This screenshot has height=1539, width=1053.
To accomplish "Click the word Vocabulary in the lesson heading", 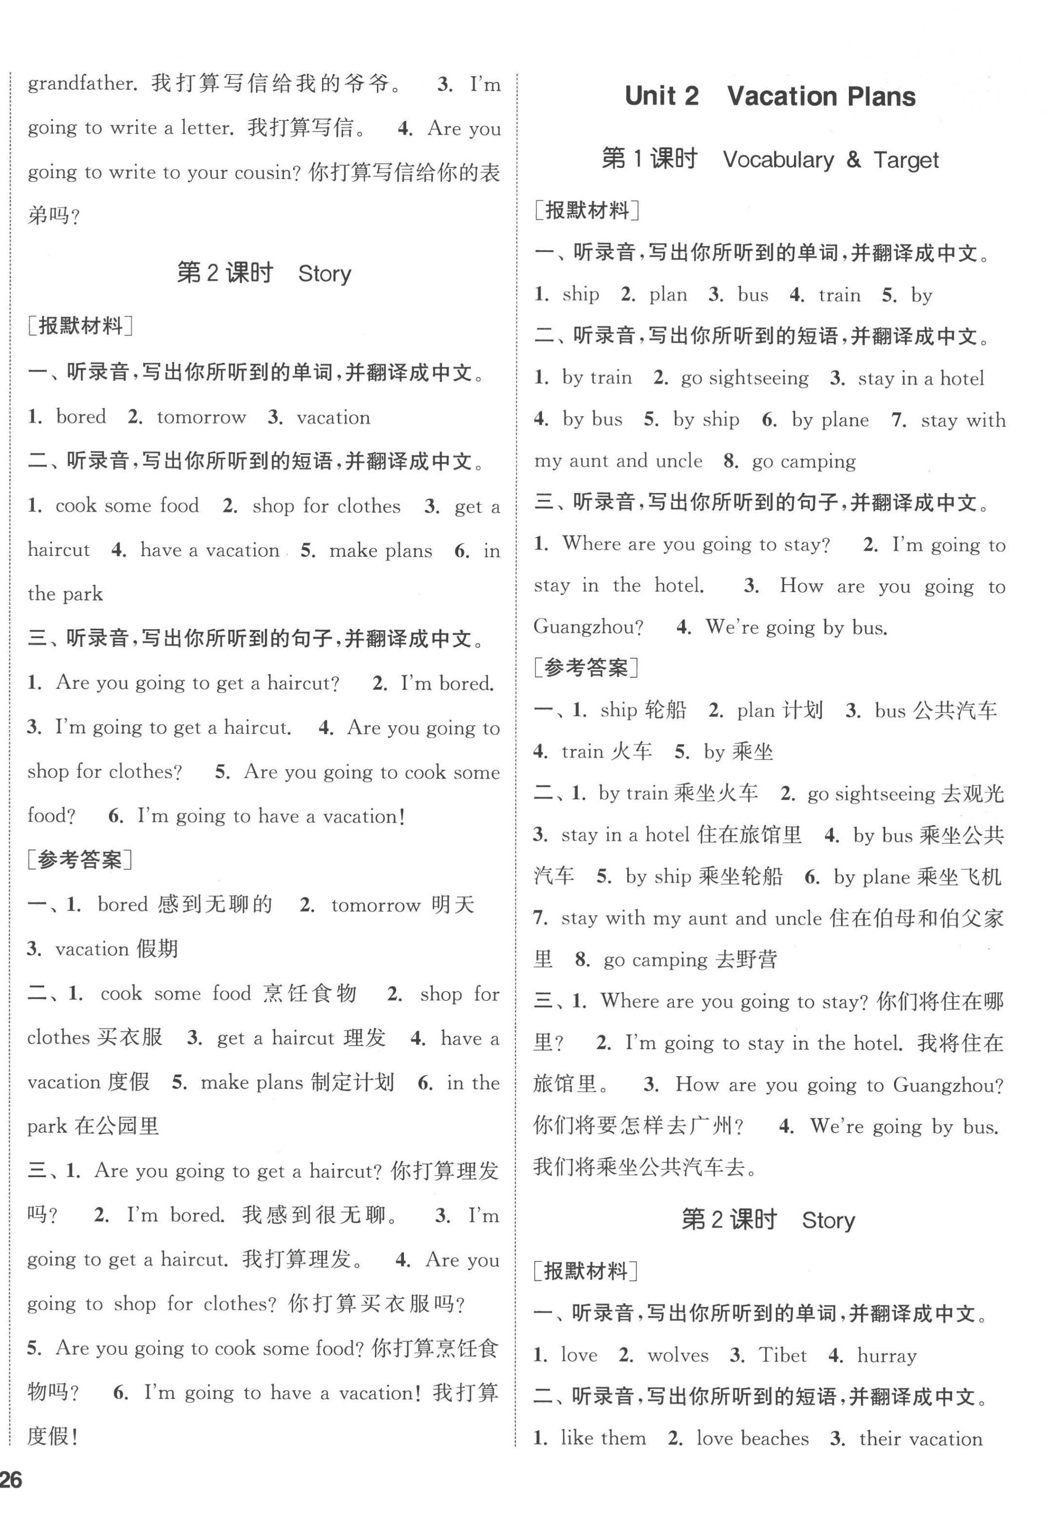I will pos(778,160).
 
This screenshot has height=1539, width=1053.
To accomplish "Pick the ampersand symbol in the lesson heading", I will pos(854,160).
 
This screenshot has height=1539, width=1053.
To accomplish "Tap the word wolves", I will pos(678,1355).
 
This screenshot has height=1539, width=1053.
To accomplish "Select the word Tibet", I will pos(782,1355).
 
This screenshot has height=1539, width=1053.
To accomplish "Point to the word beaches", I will pos(775,1438).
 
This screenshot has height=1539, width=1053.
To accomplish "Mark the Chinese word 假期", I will pos(156,949).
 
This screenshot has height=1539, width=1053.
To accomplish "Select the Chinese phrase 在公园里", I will pos(117,1126).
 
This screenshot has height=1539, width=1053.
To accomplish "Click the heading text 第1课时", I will pos(650,160).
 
